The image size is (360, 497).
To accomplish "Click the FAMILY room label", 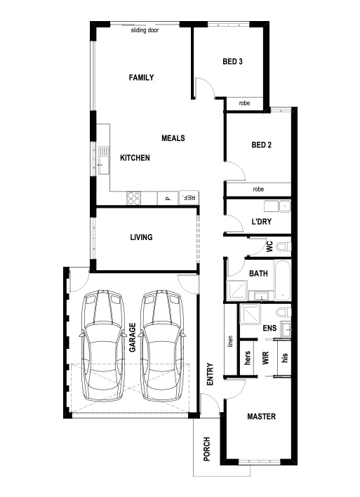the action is [x=141, y=77].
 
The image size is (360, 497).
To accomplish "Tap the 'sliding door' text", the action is [x=145, y=30].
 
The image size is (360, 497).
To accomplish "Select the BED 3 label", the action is [x=232, y=61].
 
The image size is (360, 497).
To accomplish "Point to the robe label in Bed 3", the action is [x=244, y=103].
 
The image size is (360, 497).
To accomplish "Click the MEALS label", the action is [x=173, y=138].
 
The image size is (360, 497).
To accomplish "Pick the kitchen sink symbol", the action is [x=103, y=160].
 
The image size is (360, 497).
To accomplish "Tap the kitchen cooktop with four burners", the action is [x=134, y=198].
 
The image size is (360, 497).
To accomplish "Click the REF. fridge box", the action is [x=189, y=197].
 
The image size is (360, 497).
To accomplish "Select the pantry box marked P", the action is [x=168, y=198].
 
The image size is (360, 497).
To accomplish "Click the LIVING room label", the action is [x=141, y=237].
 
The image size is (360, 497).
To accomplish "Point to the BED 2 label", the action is [x=262, y=145].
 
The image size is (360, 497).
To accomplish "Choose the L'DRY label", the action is [x=262, y=222].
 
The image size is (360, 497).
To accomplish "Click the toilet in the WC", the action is [x=284, y=246].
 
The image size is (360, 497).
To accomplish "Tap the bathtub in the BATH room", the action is [x=283, y=280].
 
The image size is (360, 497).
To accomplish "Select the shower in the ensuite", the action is [x=250, y=314].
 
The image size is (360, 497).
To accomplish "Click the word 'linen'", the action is [x=230, y=341].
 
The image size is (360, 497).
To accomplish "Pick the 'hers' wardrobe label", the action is [x=248, y=357].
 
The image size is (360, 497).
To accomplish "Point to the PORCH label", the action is [x=206, y=449].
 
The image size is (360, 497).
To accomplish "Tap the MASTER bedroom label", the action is [x=262, y=416].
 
